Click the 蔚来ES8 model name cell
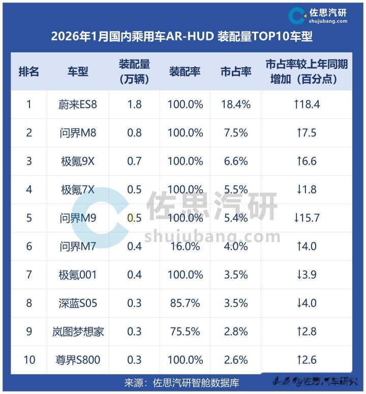78,104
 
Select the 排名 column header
29,72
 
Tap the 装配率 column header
185,72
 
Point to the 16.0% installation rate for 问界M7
185,246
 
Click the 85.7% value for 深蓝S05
185,303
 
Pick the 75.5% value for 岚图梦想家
185,331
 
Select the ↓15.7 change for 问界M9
307,218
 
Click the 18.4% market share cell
236,104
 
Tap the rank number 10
29,360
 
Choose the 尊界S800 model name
78,360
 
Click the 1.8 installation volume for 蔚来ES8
135,104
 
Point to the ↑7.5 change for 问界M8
307,133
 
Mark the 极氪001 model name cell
78,275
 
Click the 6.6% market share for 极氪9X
236,161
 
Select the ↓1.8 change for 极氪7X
307,189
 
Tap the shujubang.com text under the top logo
328,21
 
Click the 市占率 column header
236,72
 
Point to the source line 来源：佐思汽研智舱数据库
181,383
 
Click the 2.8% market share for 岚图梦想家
236,331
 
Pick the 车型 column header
78,72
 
